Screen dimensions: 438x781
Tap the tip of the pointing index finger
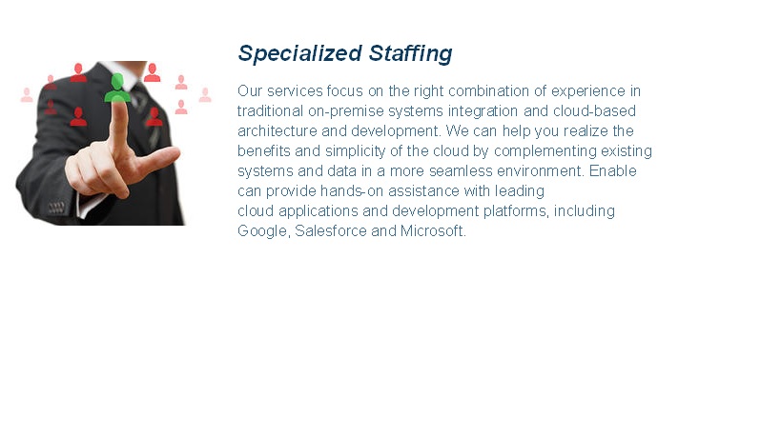119,105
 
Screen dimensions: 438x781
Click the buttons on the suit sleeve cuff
57,207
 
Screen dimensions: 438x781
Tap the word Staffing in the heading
409,53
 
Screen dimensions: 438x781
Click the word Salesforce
331,231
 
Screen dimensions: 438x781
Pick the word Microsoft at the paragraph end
433,231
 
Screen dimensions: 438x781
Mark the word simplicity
339,151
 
